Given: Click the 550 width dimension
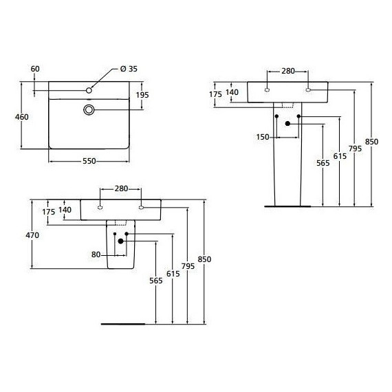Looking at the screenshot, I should (89, 160).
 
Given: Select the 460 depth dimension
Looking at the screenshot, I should (22, 117).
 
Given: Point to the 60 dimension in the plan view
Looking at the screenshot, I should (36, 68).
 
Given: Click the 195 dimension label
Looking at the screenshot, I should (142, 94).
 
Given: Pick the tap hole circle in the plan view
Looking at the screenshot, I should (89, 90).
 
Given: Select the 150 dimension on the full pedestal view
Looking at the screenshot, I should (262, 137).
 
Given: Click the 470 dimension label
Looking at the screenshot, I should (32, 235).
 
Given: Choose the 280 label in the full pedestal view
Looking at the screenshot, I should (287, 71).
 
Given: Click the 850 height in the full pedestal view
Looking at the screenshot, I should (372, 142).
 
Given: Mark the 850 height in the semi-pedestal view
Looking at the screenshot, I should (204, 259).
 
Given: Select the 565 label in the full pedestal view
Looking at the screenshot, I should (323, 163).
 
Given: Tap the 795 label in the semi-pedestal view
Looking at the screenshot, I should (188, 265).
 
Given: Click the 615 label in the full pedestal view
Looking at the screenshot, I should (339, 156).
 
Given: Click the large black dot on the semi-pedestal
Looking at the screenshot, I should (120, 241).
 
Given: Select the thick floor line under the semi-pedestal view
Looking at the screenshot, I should (124, 323).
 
